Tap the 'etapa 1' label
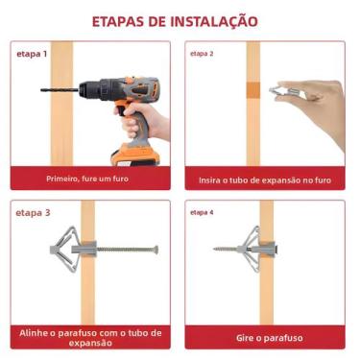[x=32, y=54]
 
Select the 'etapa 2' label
[x=202, y=54]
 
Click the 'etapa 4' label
[x=201, y=211]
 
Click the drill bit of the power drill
[x=58, y=90]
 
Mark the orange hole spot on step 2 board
[x=252, y=90]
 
